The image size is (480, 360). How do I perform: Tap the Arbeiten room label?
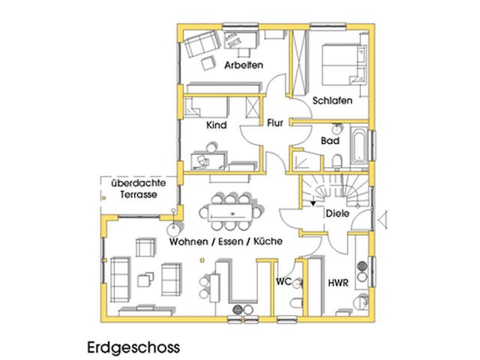[243, 66]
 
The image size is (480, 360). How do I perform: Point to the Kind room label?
[216, 126]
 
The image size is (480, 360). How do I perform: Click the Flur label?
[275, 122]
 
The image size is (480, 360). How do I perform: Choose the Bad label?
[330, 140]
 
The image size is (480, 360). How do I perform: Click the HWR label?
[337, 283]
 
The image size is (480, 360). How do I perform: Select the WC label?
[283, 282]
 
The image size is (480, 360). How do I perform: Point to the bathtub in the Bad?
[359, 148]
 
